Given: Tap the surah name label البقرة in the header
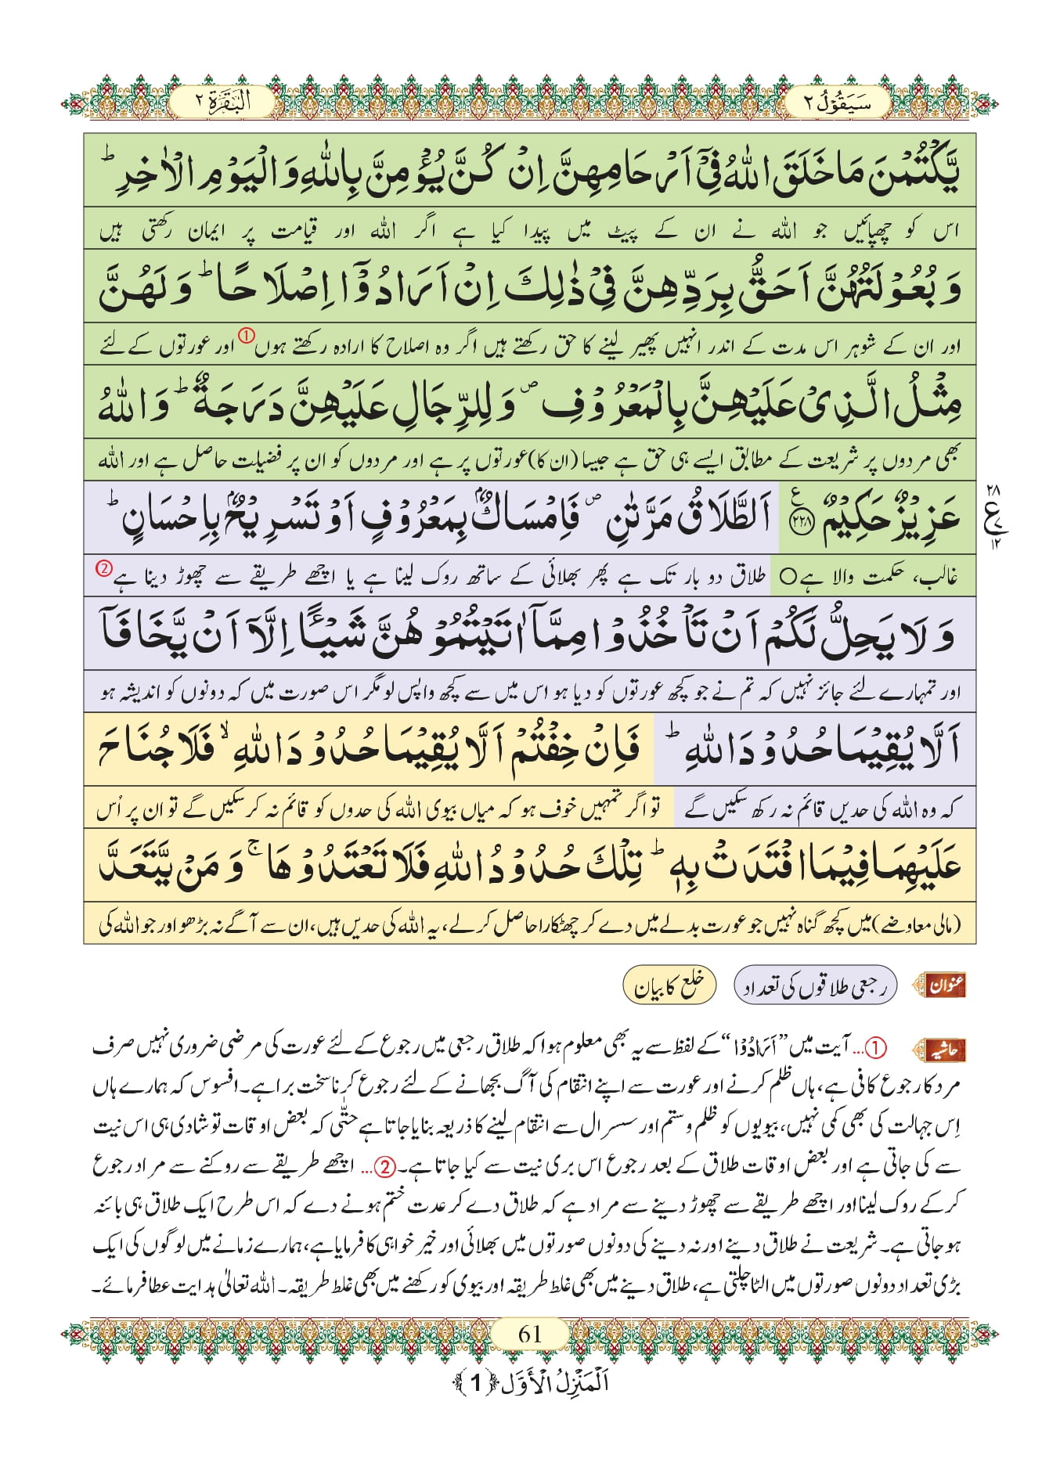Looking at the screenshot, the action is [222, 102].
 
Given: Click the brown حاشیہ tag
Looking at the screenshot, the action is [945, 1050].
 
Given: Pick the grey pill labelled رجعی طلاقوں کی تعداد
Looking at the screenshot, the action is [815, 986].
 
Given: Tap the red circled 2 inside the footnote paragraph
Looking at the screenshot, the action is [385, 1166].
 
